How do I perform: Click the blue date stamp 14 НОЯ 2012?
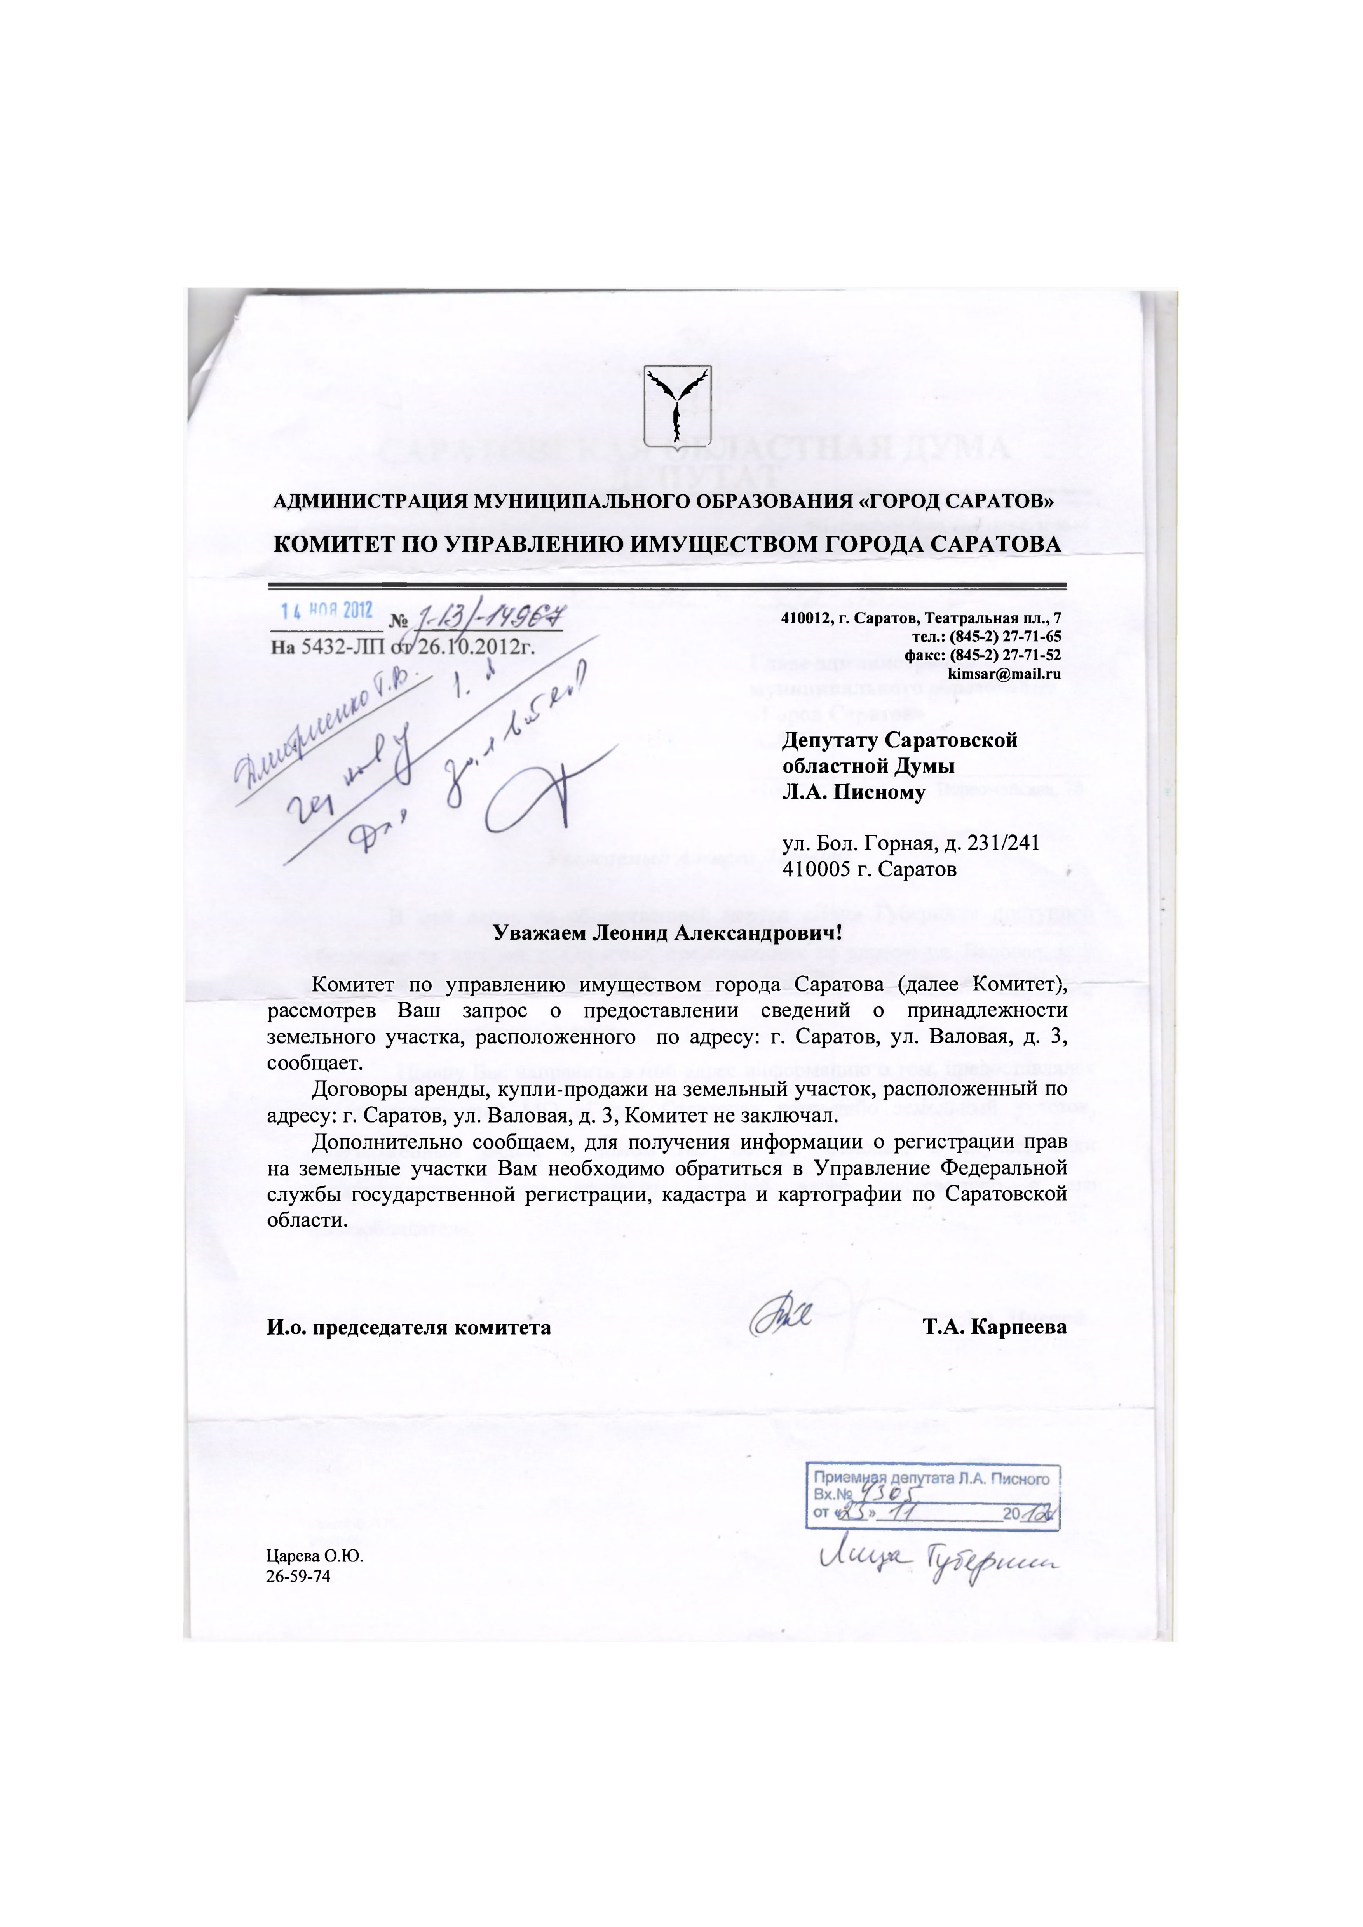[326, 610]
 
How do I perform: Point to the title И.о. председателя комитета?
[409, 1327]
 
